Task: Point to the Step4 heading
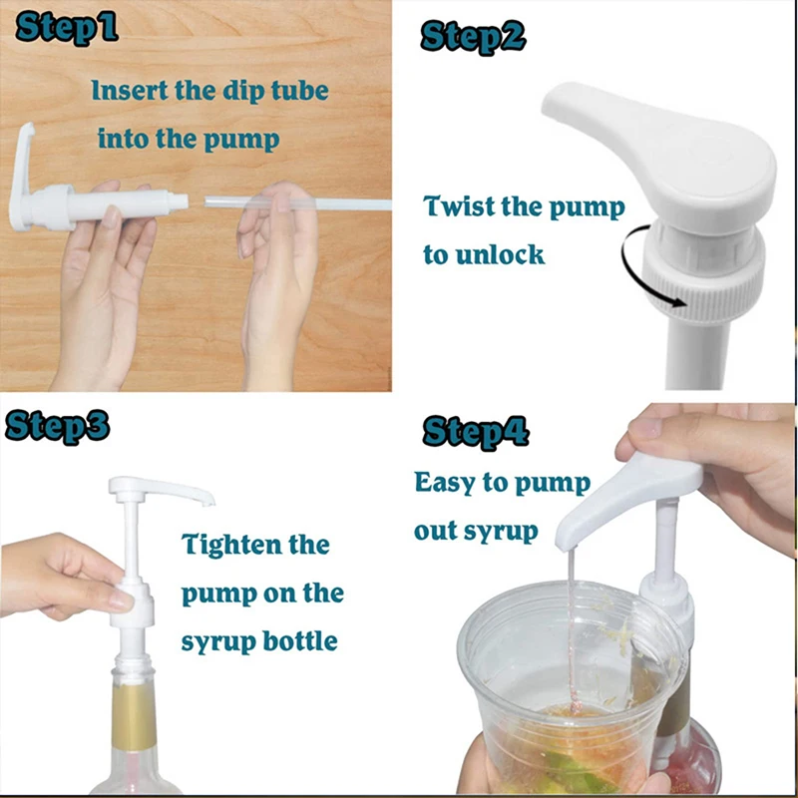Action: click(x=476, y=432)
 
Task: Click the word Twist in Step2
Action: click(x=461, y=207)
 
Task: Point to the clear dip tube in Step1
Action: click(x=299, y=203)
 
